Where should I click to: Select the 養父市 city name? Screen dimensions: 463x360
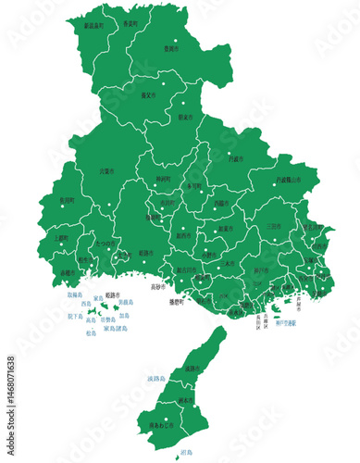click(145, 94)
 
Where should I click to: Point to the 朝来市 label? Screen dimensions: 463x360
click(184, 118)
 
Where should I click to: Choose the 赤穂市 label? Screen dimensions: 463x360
click(68, 273)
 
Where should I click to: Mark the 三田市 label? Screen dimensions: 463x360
click(275, 225)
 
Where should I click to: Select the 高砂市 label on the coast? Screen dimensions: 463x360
click(157, 287)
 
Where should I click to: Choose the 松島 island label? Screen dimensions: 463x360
click(90, 332)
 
